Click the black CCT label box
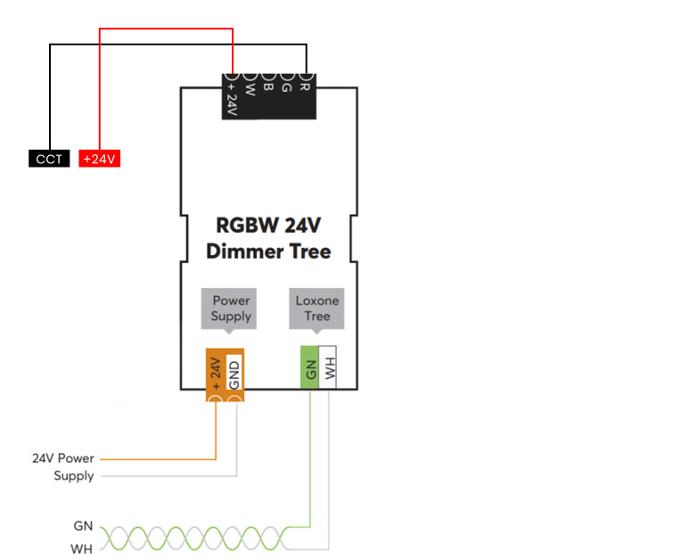(49, 159)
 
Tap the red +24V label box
(99, 159)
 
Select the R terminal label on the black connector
(304, 86)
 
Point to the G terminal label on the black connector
(286, 87)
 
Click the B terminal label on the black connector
(267, 86)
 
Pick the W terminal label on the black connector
(250, 89)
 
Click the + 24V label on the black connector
(232, 99)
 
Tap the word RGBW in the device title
(247, 226)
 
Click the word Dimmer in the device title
(245, 251)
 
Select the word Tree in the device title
(310, 251)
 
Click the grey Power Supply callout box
(228, 309)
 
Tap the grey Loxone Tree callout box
(316, 309)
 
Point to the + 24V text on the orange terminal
(216, 374)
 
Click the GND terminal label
(234, 375)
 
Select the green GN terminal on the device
(309, 367)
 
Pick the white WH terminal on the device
(327, 367)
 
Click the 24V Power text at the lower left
(63, 458)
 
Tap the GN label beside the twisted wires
(83, 525)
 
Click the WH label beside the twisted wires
(82, 548)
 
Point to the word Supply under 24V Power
(74, 476)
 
